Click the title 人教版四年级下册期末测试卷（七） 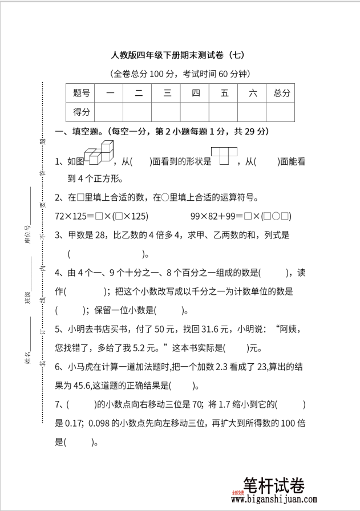point(180,55)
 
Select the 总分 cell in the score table point(281,92)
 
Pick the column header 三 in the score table point(167,92)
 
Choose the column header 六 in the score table point(253,92)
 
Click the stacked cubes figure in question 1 point(99,155)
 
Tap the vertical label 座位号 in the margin point(27,234)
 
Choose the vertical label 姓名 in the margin point(27,358)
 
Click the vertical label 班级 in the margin point(27,298)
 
